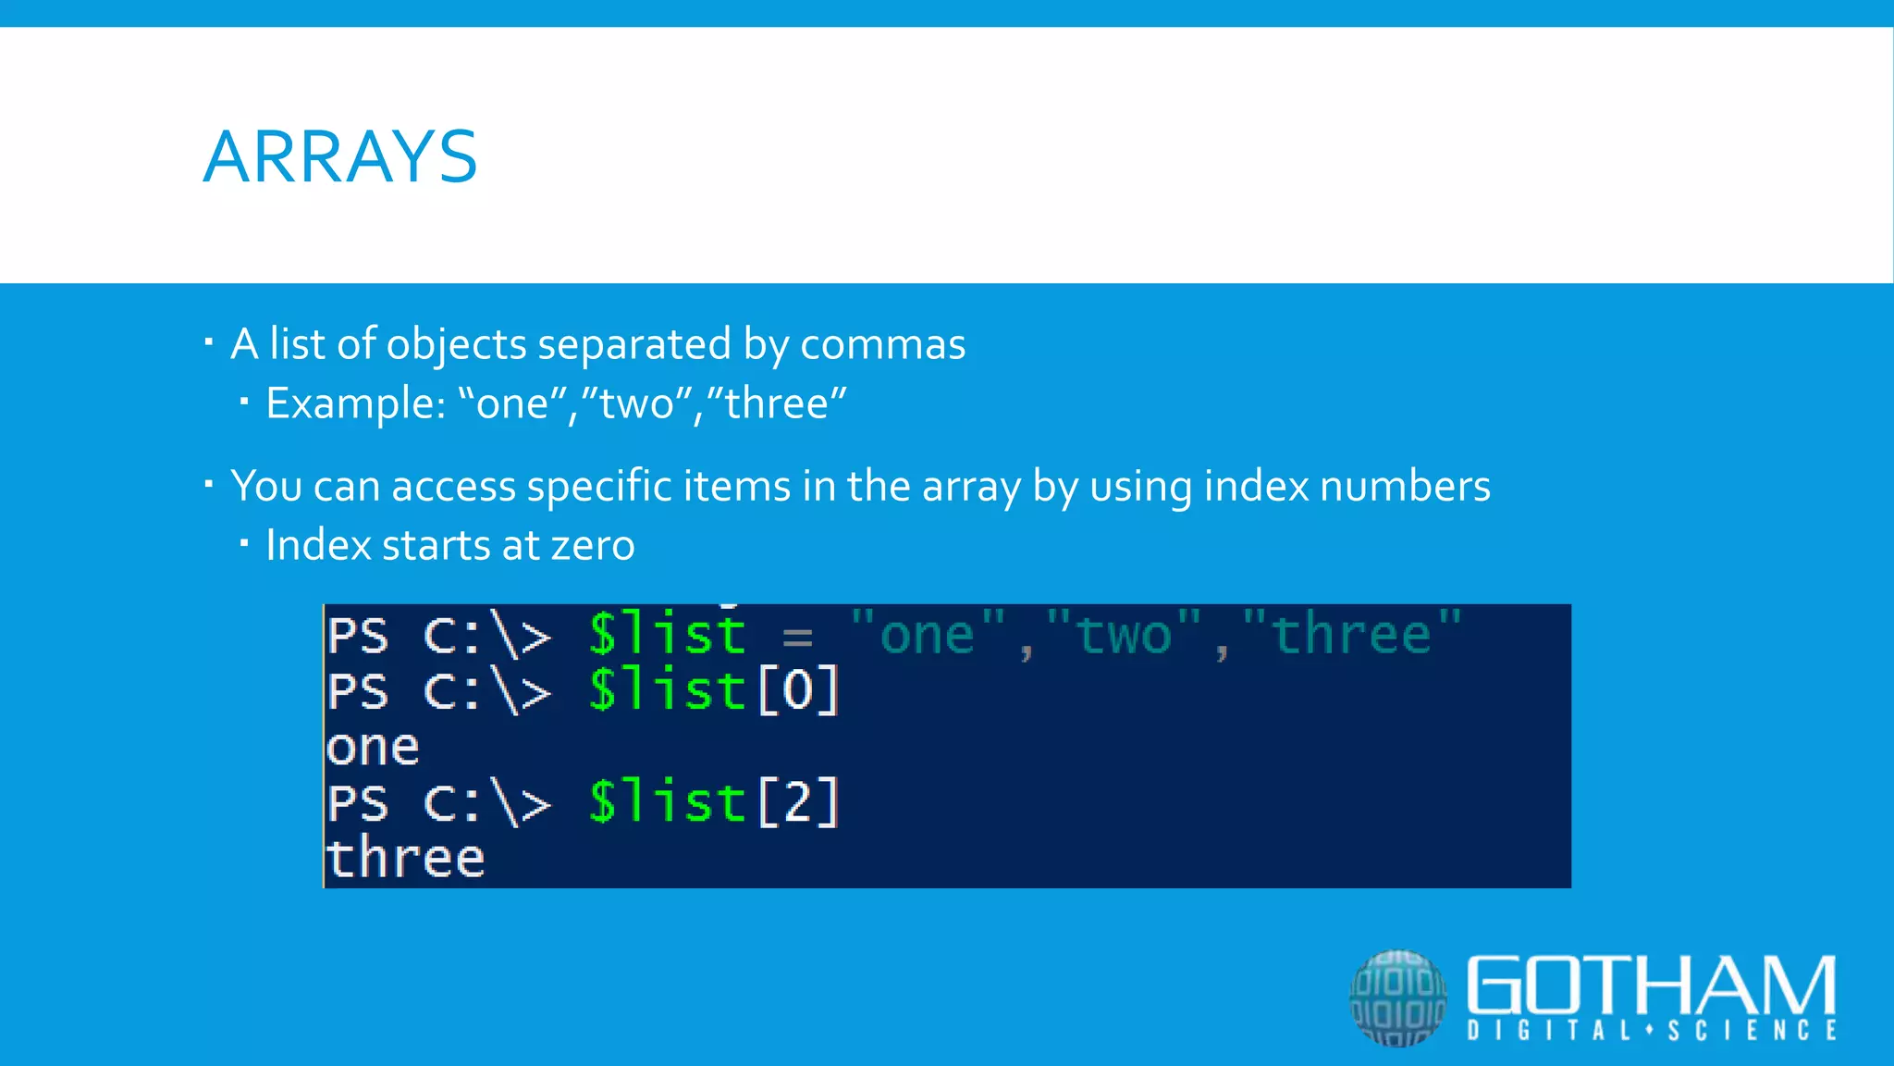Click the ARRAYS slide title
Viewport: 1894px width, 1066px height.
pyautogui.click(x=339, y=156)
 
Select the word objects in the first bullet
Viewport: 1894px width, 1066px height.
pyautogui.click(x=456, y=344)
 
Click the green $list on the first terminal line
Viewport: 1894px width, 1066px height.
pyautogui.click(x=667, y=635)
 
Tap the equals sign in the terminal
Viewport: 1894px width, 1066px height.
pyautogui.click(x=797, y=638)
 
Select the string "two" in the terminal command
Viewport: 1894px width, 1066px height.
pyautogui.click(x=1124, y=635)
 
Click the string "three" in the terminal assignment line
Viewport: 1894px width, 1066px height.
pyautogui.click(x=1351, y=635)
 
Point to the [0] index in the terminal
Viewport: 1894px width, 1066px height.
pyautogui.click(x=798, y=690)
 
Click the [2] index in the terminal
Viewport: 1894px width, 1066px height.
pyautogui.click(x=798, y=801)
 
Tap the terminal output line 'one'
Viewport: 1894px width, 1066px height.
pyautogui.click(x=373, y=748)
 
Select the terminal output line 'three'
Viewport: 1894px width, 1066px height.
pyautogui.click(x=405, y=858)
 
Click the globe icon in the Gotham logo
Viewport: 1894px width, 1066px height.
pyautogui.click(x=1397, y=998)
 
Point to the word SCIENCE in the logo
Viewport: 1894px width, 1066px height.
pyautogui.click(x=1752, y=1031)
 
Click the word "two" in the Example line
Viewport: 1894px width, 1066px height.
pyautogui.click(x=637, y=403)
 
